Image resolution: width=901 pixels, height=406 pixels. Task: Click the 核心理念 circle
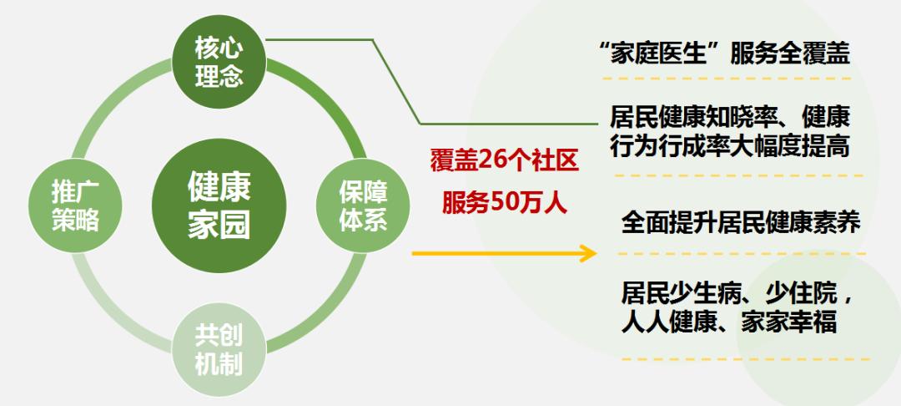219,63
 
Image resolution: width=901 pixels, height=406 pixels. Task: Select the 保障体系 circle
363,206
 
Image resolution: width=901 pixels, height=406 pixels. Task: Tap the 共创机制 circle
219,350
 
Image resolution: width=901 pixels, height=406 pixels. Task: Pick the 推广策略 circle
75,206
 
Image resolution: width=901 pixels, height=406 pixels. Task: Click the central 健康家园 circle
219,206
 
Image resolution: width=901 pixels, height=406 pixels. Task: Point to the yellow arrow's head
588,253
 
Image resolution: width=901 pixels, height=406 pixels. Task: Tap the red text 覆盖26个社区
504,161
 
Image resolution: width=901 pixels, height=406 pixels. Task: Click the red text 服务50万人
504,203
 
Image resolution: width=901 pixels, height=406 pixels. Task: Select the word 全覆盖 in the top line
813,54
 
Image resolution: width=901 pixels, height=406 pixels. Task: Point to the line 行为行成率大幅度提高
730,147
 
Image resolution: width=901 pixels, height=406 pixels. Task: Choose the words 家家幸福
788,322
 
